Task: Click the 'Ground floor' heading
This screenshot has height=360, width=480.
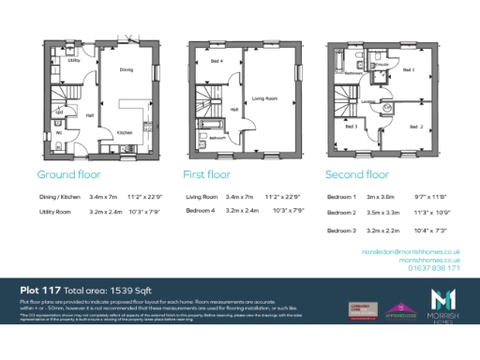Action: tap(68, 174)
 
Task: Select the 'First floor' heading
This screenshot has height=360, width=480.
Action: tap(206, 174)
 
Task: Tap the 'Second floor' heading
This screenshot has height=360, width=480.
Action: tap(356, 174)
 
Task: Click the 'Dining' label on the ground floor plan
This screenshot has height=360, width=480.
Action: tap(125, 69)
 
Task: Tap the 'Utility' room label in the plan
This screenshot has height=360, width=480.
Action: tap(73, 60)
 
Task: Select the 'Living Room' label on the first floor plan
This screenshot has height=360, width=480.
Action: tap(266, 97)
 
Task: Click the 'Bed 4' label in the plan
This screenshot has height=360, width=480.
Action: tap(217, 61)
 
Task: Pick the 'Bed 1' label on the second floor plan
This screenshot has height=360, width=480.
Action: tap(408, 69)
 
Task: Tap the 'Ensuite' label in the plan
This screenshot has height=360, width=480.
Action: tap(353, 72)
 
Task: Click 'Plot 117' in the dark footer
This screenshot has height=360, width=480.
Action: tap(42, 292)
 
